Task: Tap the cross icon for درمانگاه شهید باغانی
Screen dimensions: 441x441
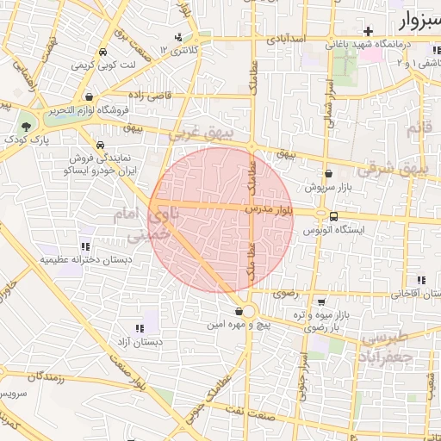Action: [x=369, y=31]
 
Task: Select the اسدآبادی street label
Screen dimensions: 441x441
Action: [x=285, y=39]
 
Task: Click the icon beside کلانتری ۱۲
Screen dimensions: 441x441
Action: [x=178, y=37]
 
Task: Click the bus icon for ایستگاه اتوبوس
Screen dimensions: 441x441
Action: [x=333, y=215]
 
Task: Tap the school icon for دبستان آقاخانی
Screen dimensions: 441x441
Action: [x=421, y=280]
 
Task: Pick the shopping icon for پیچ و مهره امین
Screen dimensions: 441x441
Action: [x=239, y=311]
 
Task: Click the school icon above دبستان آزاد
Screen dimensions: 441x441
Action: [x=140, y=328]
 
